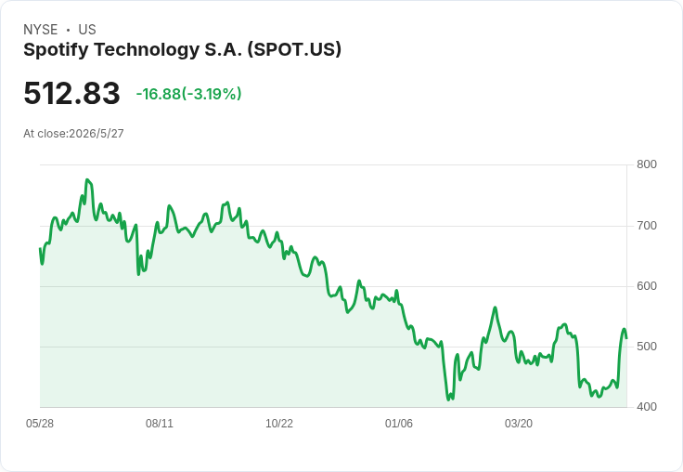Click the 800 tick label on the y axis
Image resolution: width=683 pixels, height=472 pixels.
pos(647,164)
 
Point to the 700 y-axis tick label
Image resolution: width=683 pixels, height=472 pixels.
pos(647,226)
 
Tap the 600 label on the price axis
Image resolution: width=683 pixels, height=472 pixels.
pos(647,286)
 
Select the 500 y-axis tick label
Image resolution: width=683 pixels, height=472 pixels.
pos(647,347)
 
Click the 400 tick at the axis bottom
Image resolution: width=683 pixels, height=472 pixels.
pos(647,407)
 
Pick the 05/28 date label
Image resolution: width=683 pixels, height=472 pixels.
pos(40,424)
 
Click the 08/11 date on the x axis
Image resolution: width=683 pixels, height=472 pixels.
pos(160,424)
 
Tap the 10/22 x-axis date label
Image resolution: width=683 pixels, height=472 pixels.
pos(279,424)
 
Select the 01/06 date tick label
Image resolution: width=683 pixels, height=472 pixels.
pos(398,424)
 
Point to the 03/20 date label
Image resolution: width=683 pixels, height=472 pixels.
pos(519,424)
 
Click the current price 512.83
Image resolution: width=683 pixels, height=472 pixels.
pos(71,93)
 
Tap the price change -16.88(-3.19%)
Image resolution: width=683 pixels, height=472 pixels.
pos(188,94)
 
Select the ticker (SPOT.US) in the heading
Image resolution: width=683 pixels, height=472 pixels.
pos(294,50)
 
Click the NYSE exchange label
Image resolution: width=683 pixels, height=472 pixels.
pos(41,30)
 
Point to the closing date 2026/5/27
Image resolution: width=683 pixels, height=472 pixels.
pos(97,134)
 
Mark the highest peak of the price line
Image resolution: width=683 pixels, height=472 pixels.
pos(87,179)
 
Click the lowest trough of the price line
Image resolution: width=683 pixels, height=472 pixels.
pos(448,400)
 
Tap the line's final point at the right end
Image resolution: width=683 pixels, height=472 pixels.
pos(626,338)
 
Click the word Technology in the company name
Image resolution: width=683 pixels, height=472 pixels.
pos(147,50)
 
